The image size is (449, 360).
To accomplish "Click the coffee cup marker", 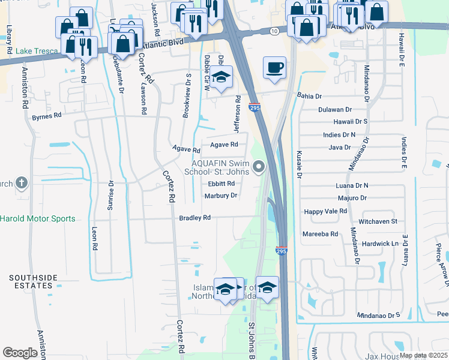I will pos(275,67).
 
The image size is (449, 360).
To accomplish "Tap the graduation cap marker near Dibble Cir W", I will pos(221,77).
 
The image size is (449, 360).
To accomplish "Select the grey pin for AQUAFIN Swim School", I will pos(259,167).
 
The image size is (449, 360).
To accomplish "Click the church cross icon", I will pos(22,182).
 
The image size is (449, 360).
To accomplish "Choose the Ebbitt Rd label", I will pos(221,184).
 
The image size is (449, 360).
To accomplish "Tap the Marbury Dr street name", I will pos(221,196).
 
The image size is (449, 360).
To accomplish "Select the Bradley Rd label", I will pos(194,218).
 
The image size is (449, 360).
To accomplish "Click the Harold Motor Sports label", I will pos(38,218).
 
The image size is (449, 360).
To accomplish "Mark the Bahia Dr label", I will pos(310,96).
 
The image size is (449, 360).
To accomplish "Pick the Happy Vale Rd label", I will pos(325,211).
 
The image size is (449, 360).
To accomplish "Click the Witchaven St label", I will pos(378,221).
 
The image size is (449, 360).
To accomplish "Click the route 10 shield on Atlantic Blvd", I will pos(274,31).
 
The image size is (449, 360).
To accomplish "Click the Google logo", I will pos(20,353).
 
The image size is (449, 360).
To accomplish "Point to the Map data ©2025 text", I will pos(423,355).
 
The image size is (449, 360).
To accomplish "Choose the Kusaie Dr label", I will pos(298,165).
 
